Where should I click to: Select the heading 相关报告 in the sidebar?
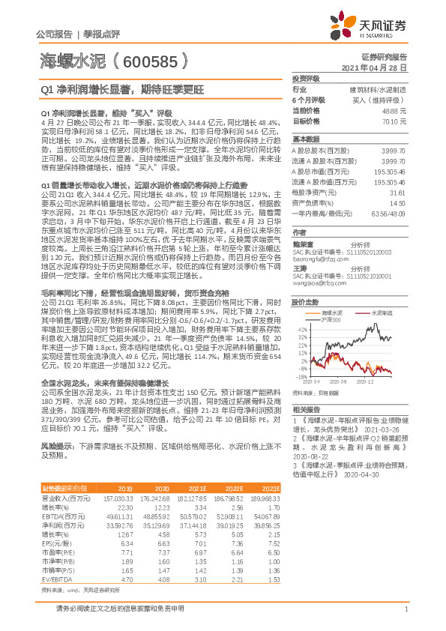(x=305, y=411)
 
